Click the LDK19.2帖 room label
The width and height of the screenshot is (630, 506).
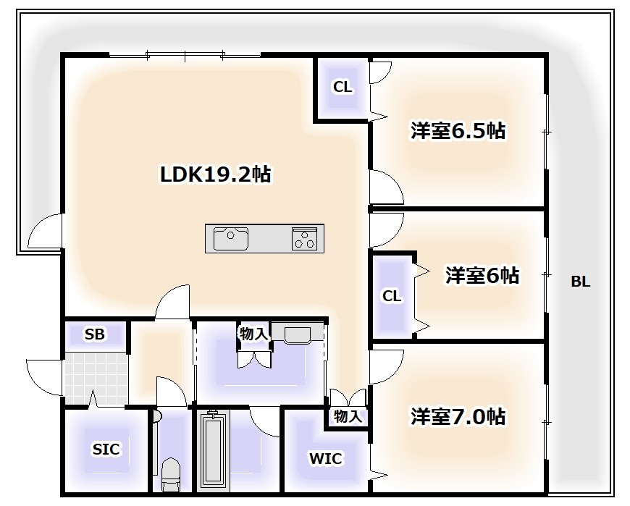click(215, 174)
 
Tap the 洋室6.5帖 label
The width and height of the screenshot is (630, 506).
click(458, 131)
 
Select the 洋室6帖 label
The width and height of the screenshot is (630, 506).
click(482, 276)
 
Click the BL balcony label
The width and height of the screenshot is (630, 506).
click(580, 282)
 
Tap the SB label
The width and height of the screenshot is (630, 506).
click(94, 334)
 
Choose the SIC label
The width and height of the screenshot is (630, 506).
click(106, 450)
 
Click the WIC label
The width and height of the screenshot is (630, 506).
click(325, 458)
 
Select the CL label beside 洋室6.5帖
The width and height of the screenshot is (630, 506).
click(343, 88)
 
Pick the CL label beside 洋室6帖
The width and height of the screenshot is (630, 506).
click(392, 296)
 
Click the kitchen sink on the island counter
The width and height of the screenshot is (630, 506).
click(231, 237)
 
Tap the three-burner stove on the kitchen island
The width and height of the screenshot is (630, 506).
click(305, 237)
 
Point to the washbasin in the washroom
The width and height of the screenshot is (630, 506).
click(297, 334)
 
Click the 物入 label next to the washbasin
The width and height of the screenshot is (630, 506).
click(253, 334)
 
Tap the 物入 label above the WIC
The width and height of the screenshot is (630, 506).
click(347, 416)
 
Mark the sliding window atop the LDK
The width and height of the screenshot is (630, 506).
click(185, 54)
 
